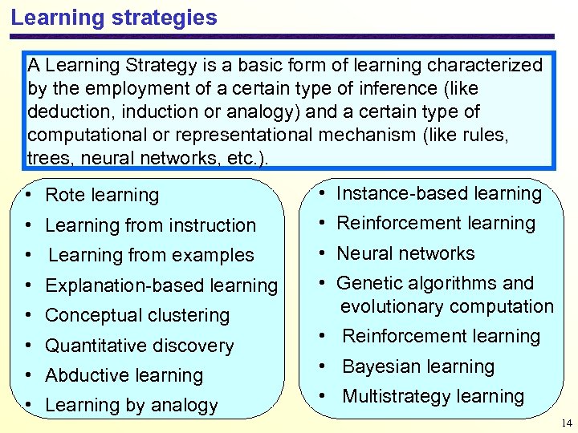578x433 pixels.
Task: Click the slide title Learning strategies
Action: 114,18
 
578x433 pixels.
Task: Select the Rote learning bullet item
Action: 102,195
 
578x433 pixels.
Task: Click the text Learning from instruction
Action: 150,225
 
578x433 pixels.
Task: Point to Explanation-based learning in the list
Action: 161,285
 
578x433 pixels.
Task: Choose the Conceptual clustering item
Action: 137,315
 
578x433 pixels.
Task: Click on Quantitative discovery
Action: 140,346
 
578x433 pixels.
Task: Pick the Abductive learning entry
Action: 124,375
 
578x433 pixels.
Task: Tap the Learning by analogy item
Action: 132,405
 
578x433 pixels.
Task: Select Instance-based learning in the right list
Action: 439,193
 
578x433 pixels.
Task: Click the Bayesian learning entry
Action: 418,366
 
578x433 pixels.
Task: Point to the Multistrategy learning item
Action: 433,396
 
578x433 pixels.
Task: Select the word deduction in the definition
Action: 63,111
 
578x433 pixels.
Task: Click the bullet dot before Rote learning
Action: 28,196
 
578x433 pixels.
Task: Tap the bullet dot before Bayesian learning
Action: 321,366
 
